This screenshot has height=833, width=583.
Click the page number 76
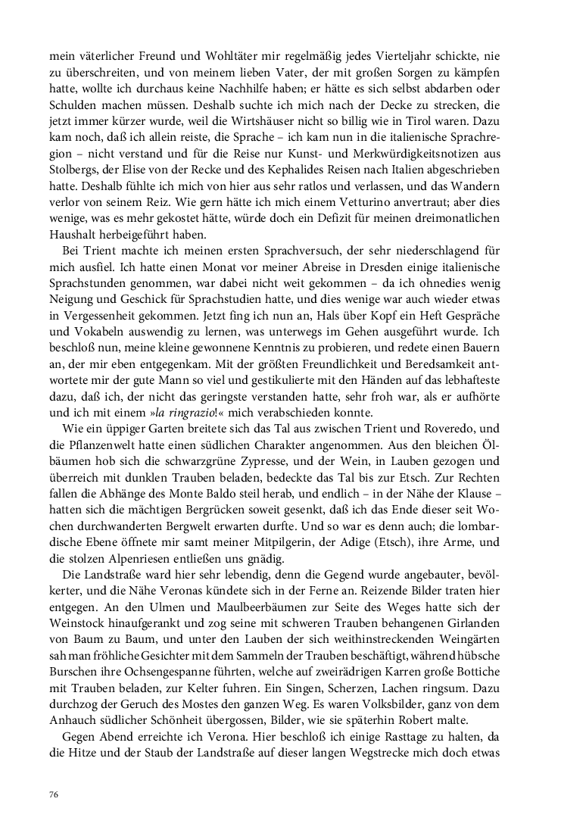pos(54,794)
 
